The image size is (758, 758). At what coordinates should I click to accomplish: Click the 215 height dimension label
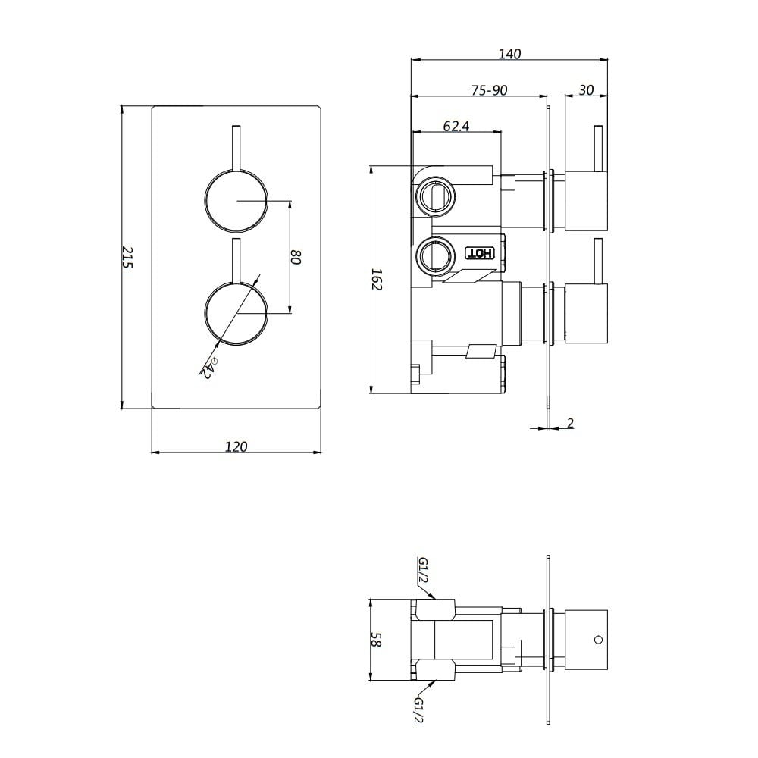click(x=127, y=257)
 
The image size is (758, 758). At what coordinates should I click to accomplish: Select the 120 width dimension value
click(x=236, y=446)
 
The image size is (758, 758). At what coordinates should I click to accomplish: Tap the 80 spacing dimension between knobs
click(x=296, y=257)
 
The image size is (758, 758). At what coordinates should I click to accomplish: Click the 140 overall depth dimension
click(x=509, y=53)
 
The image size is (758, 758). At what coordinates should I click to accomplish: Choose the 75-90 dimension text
click(x=489, y=90)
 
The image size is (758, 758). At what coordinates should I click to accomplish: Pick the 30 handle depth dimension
click(x=586, y=90)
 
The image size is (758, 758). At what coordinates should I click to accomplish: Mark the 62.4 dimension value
click(x=456, y=126)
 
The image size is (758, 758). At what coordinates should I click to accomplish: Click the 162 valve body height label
click(x=377, y=280)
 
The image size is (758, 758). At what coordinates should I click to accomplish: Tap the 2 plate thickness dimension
click(x=571, y=422)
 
